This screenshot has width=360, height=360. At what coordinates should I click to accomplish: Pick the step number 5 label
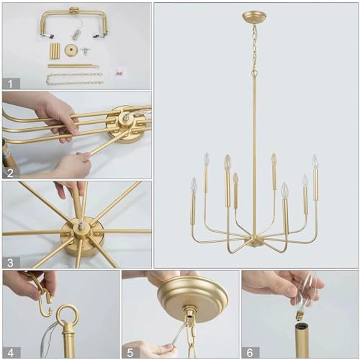(130, 351)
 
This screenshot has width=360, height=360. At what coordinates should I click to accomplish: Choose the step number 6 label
(249, 351)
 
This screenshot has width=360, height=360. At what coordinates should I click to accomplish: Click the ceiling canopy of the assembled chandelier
(253, 17)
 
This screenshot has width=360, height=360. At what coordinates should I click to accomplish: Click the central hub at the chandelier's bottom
(254, 241)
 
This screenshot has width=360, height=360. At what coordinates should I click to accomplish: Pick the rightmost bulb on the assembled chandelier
(315, 161)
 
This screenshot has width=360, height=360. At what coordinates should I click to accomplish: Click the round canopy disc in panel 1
(71, 50)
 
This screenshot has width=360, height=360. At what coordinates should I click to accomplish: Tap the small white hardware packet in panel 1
(120, 73)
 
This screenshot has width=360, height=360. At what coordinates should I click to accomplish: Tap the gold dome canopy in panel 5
(192, 294)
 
